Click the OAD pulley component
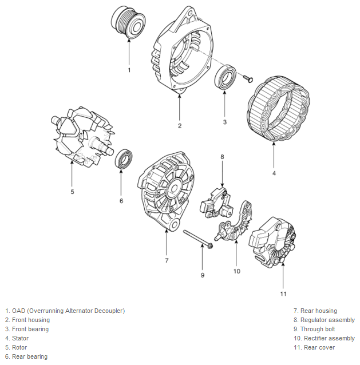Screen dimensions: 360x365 (x=128, y=22)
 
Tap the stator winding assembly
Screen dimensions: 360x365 (x=278, y=109)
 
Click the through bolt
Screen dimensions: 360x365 (x=198, y=239)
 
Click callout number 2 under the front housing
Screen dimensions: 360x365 (x=180, y=126)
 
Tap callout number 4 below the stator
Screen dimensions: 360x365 (x=274, y=173)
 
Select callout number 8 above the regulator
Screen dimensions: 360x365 (x=222, y=157)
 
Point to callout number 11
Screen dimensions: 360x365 (x=283, y=293)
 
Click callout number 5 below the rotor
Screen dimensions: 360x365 (x=72, y=192)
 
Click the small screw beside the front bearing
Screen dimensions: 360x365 (x=248, y=78)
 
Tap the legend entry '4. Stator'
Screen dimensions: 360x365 (x=17, y=338)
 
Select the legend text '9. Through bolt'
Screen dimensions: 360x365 (x=314, y=329)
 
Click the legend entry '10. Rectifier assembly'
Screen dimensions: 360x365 (x=324, y=338)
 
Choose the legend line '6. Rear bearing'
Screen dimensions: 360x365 (x=26, y=356)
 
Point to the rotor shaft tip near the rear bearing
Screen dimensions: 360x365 (x=111, y=151)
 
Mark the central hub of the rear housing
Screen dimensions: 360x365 (x=173, y=188)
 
